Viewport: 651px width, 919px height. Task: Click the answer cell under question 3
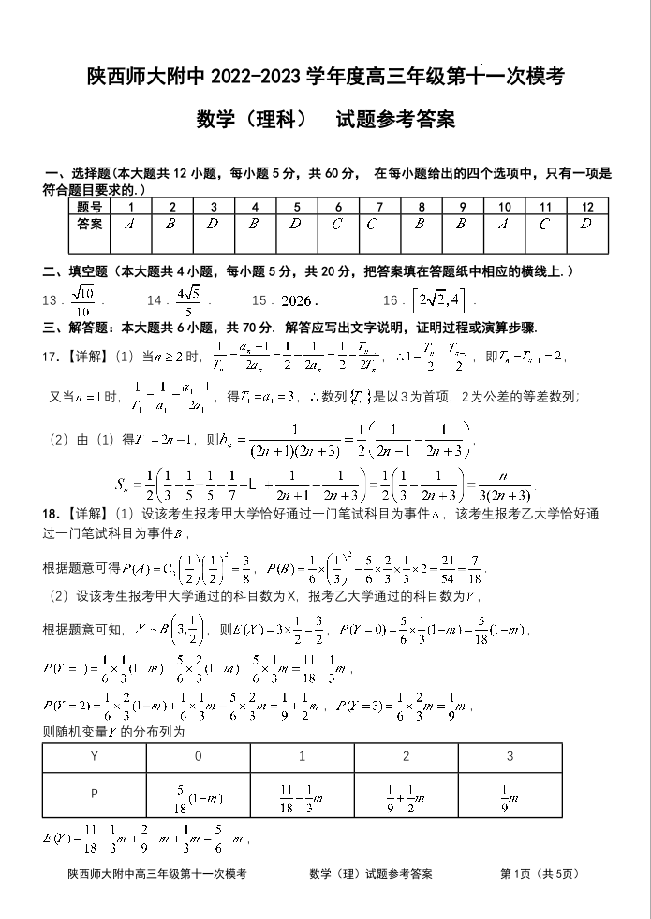tap(213, 225)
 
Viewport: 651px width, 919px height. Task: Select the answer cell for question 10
tap(504, 225)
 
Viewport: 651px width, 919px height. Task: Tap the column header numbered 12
tap(586, 207)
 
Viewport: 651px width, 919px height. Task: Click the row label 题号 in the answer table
tap(89, 207)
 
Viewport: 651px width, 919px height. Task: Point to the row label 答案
tap(89, 225)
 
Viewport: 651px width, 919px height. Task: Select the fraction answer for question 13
tap(81, 301)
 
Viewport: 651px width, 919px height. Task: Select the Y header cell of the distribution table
tap(94, 756)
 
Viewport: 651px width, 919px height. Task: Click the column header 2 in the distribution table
tap(406, 756)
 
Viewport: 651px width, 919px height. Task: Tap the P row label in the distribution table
tap(94, 795)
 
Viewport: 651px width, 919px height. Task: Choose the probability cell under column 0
tap(198, 795)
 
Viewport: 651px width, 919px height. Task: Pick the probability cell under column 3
tap(510, 795)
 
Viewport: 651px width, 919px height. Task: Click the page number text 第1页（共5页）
tap(541, 874)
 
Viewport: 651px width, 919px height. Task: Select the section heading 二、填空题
tap(77, 271)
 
